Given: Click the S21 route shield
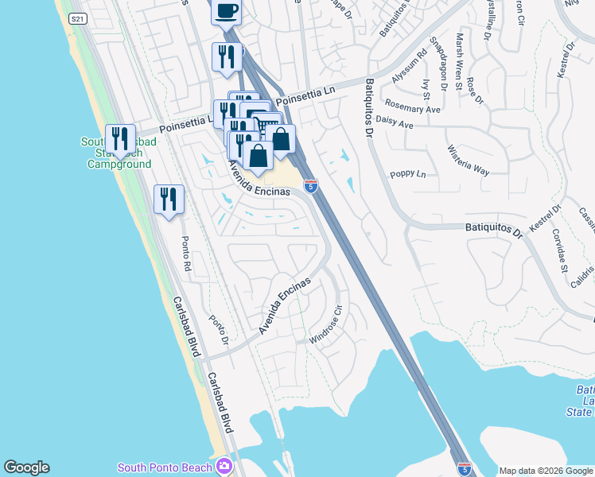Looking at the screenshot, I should (76, 19).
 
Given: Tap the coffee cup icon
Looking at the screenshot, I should (226, 10).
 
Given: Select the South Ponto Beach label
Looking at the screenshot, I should (165, 467).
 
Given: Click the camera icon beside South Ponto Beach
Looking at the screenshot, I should (224, 466).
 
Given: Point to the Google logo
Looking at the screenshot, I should (26, 467).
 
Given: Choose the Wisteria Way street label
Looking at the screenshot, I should (469, 159).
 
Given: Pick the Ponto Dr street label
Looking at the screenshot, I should (219, 331).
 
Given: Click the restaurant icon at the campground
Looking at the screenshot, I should (120, 138).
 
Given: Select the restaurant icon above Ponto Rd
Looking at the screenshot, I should (169, 198).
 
